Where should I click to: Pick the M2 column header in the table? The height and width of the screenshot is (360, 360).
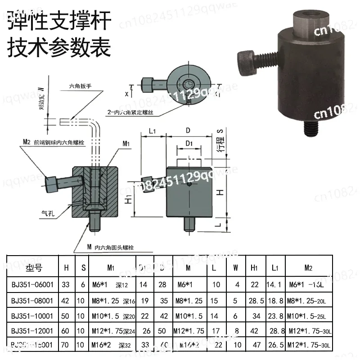[x=308, y=268]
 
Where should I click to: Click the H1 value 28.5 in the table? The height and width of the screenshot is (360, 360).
[x=255, y=300]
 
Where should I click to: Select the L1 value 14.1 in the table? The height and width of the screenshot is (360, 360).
[x=274, y=284]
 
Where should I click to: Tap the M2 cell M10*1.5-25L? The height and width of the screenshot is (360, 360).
[x=308, y=316]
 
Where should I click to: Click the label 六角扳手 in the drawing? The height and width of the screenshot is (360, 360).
[x=81, y=85]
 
